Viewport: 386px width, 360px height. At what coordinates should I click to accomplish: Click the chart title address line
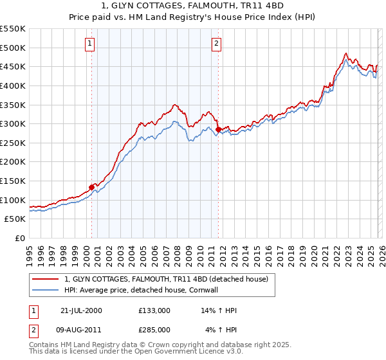point(192,6)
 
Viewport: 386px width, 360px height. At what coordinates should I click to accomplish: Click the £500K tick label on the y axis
point(13,48)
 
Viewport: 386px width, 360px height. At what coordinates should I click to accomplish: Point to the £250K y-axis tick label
point(13,143)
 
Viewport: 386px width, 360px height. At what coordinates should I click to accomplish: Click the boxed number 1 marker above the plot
point(89,44)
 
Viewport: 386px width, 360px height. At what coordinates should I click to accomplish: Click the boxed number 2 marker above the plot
point(216,44)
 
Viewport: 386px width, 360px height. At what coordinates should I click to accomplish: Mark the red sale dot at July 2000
point(92,187)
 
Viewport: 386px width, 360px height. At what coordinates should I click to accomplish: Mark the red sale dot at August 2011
point(218,129)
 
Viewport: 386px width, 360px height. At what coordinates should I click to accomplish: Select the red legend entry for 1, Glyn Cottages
point(170,278)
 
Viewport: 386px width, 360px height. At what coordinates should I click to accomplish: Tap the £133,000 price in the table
point(154,310)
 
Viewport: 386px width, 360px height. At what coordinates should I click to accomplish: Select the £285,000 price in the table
point(154,330)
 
